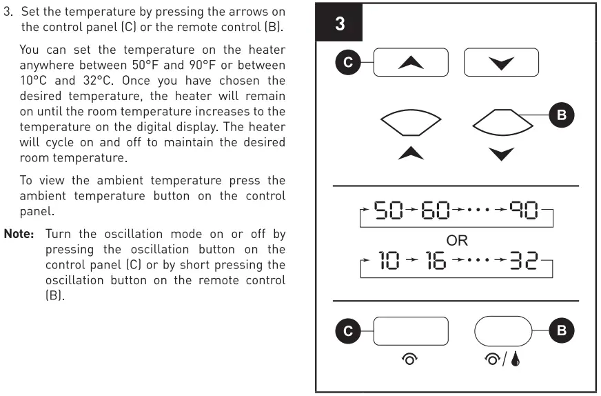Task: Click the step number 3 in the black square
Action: [x=340, y=24]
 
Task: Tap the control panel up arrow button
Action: [x=411, y=62]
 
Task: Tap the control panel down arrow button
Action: [x=501, y=62]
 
